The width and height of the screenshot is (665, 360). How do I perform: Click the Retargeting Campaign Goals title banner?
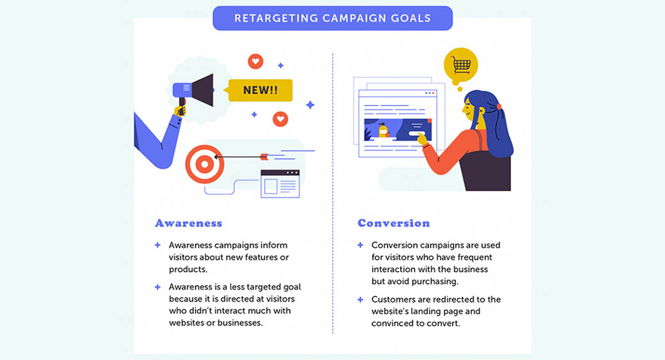pyautogui.click(x=332, y=18)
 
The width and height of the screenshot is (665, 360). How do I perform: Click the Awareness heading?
pyautogui.click(x=189, y=223)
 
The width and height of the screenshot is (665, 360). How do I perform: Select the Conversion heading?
pyautogui.click(x=393, y=223)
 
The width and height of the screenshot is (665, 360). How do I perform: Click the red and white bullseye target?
pyautogui.click(x=204, y=164)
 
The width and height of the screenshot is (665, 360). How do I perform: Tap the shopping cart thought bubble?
pyautogui.click(x=460, y=65)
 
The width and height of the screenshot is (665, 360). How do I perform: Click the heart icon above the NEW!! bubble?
pyautogui.click(x=256, y=61)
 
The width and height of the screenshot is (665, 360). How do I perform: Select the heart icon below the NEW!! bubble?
pyautogui.click(x=280, y=119)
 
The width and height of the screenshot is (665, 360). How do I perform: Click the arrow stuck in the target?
pyautogui.click(x=243, y=155)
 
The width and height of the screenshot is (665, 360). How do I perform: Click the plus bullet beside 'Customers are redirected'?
pyautogui.click(x=360, y=299)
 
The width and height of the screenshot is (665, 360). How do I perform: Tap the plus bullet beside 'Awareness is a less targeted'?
pyautogui.click(x=157, y=287)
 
